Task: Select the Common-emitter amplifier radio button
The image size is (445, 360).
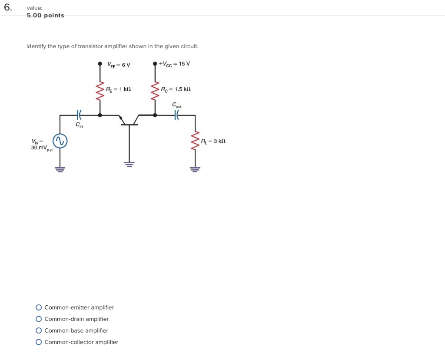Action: (39, 307)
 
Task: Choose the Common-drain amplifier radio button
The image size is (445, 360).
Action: (39, 319)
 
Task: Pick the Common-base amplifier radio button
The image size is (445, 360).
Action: (39, 330)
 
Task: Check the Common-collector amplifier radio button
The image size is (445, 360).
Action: (39, 342)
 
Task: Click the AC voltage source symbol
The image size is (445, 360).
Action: (60, 141)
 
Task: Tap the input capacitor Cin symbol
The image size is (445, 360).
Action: (79, 115)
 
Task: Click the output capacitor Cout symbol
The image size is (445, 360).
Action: (176, 115)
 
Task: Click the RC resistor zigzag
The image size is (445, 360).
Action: (155, 91)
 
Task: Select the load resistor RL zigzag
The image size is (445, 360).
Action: (195, 141)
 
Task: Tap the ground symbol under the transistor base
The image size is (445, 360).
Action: (129, 164)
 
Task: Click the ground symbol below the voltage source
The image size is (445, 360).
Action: (60, 169)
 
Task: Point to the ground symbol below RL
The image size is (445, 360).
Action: (195, 169)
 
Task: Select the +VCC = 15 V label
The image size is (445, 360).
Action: (174, 64)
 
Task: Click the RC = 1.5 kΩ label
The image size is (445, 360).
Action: (176, 89)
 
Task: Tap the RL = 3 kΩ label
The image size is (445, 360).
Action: (213, 141)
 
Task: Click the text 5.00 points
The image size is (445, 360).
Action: (45, 16)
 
